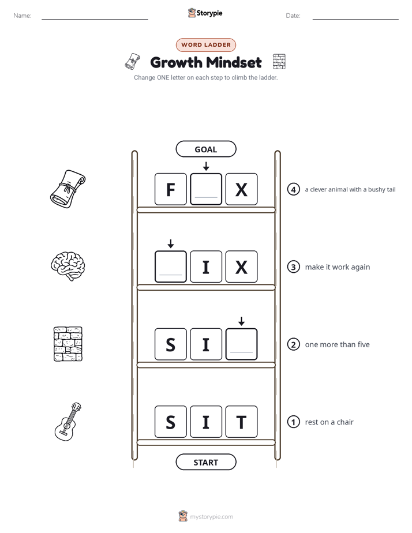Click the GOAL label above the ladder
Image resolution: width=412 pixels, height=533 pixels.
[205, 149]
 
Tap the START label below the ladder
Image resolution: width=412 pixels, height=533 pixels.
[205, 462]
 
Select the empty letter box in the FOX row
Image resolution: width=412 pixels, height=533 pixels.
[206, 189]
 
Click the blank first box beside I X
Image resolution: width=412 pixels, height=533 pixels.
[171, 267]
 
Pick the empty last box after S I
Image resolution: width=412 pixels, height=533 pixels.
[241, 344]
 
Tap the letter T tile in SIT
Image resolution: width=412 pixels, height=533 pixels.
[241, 422]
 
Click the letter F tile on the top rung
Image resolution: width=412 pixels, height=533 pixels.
[171, 189]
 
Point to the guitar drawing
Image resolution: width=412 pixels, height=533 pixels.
[68, 422]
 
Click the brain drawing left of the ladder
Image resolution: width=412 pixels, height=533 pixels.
[68, 266]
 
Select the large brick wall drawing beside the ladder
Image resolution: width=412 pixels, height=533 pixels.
[68, 344]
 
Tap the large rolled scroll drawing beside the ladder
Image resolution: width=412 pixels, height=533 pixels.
[68, 189]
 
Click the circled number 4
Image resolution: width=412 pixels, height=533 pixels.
[293, 189]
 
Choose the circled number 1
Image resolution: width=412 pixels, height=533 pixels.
[293, 422]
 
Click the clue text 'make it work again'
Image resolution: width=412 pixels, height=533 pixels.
[338, 267]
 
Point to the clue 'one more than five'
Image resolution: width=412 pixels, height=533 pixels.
[337, 345]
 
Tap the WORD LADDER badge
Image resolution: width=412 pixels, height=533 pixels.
[206, 45]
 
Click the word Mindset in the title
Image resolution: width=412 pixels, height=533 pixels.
[234, 62]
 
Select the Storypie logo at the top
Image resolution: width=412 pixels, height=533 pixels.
[205, 13]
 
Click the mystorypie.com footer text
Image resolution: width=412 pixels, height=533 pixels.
[211, 517]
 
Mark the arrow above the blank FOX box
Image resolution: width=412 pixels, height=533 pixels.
[206, 166]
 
